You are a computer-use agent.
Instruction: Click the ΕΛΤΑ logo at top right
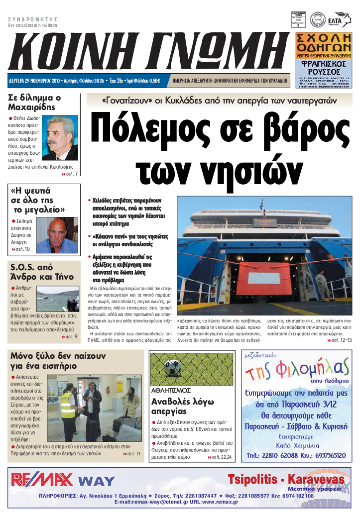341,20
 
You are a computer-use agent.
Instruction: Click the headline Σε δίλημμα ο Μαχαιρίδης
35,102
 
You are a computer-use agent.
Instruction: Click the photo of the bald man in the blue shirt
57,235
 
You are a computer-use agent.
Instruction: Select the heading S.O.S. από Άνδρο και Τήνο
42,272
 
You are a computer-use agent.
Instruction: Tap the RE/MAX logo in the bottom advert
42,480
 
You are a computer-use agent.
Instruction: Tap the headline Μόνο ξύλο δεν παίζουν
58,356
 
